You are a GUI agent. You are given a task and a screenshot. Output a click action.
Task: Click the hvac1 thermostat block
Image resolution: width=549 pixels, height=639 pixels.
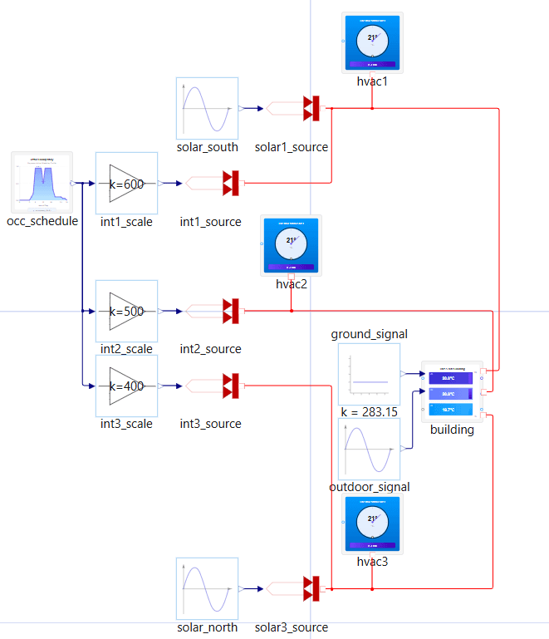372,42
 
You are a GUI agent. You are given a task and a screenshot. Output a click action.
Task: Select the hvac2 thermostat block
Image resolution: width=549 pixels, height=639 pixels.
292,245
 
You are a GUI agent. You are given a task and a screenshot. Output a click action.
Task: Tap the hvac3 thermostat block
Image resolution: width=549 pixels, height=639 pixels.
372,524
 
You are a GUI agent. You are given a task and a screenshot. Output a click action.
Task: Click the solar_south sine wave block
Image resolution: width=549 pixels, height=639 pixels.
207,108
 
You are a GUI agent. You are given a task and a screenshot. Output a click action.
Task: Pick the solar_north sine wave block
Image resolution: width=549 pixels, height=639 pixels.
207,588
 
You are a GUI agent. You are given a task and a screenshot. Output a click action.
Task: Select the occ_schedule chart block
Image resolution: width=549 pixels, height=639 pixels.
42,182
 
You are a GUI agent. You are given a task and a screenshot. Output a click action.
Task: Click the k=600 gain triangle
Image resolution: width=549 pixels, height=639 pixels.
126,184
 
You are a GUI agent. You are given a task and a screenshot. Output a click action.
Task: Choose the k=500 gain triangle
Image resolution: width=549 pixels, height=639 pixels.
126,311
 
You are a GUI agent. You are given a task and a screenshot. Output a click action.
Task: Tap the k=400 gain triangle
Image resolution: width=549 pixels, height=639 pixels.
126,386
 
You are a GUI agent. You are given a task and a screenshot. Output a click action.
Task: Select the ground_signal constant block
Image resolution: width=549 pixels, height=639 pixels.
369,374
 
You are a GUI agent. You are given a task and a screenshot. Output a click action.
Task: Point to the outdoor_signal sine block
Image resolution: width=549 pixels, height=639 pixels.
369,448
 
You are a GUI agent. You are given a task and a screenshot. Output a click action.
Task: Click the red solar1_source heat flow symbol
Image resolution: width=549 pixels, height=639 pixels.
311,108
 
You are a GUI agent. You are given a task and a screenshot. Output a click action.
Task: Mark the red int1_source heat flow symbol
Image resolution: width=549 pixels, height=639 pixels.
231,183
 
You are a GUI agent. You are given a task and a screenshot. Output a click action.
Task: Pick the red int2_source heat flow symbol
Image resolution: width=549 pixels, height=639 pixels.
231,311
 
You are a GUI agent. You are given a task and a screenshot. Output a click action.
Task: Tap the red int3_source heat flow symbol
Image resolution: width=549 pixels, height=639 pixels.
231,386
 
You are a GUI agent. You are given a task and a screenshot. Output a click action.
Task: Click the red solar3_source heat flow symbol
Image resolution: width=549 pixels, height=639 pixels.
311,588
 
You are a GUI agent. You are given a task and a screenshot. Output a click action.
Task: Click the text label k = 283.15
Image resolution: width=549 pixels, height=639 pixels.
369,412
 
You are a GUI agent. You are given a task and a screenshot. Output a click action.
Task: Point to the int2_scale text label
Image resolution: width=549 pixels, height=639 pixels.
126,349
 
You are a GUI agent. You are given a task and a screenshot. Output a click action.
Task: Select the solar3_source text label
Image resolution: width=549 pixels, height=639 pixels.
292,627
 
